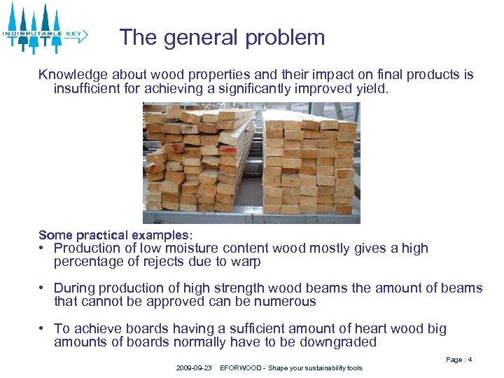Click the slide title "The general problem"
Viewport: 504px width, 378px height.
(222, 37)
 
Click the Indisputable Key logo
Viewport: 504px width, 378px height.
(44, 29)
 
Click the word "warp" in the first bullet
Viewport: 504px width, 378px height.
(247, 262)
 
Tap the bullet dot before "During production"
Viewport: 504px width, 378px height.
(43, 288)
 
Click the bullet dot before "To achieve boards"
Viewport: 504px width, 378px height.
(43, 328)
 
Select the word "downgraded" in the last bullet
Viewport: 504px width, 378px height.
(341, 342)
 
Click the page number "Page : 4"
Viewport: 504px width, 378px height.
(458, 360)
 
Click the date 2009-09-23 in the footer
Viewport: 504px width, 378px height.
(194, 368)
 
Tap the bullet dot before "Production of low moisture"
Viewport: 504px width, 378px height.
(43, 248)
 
